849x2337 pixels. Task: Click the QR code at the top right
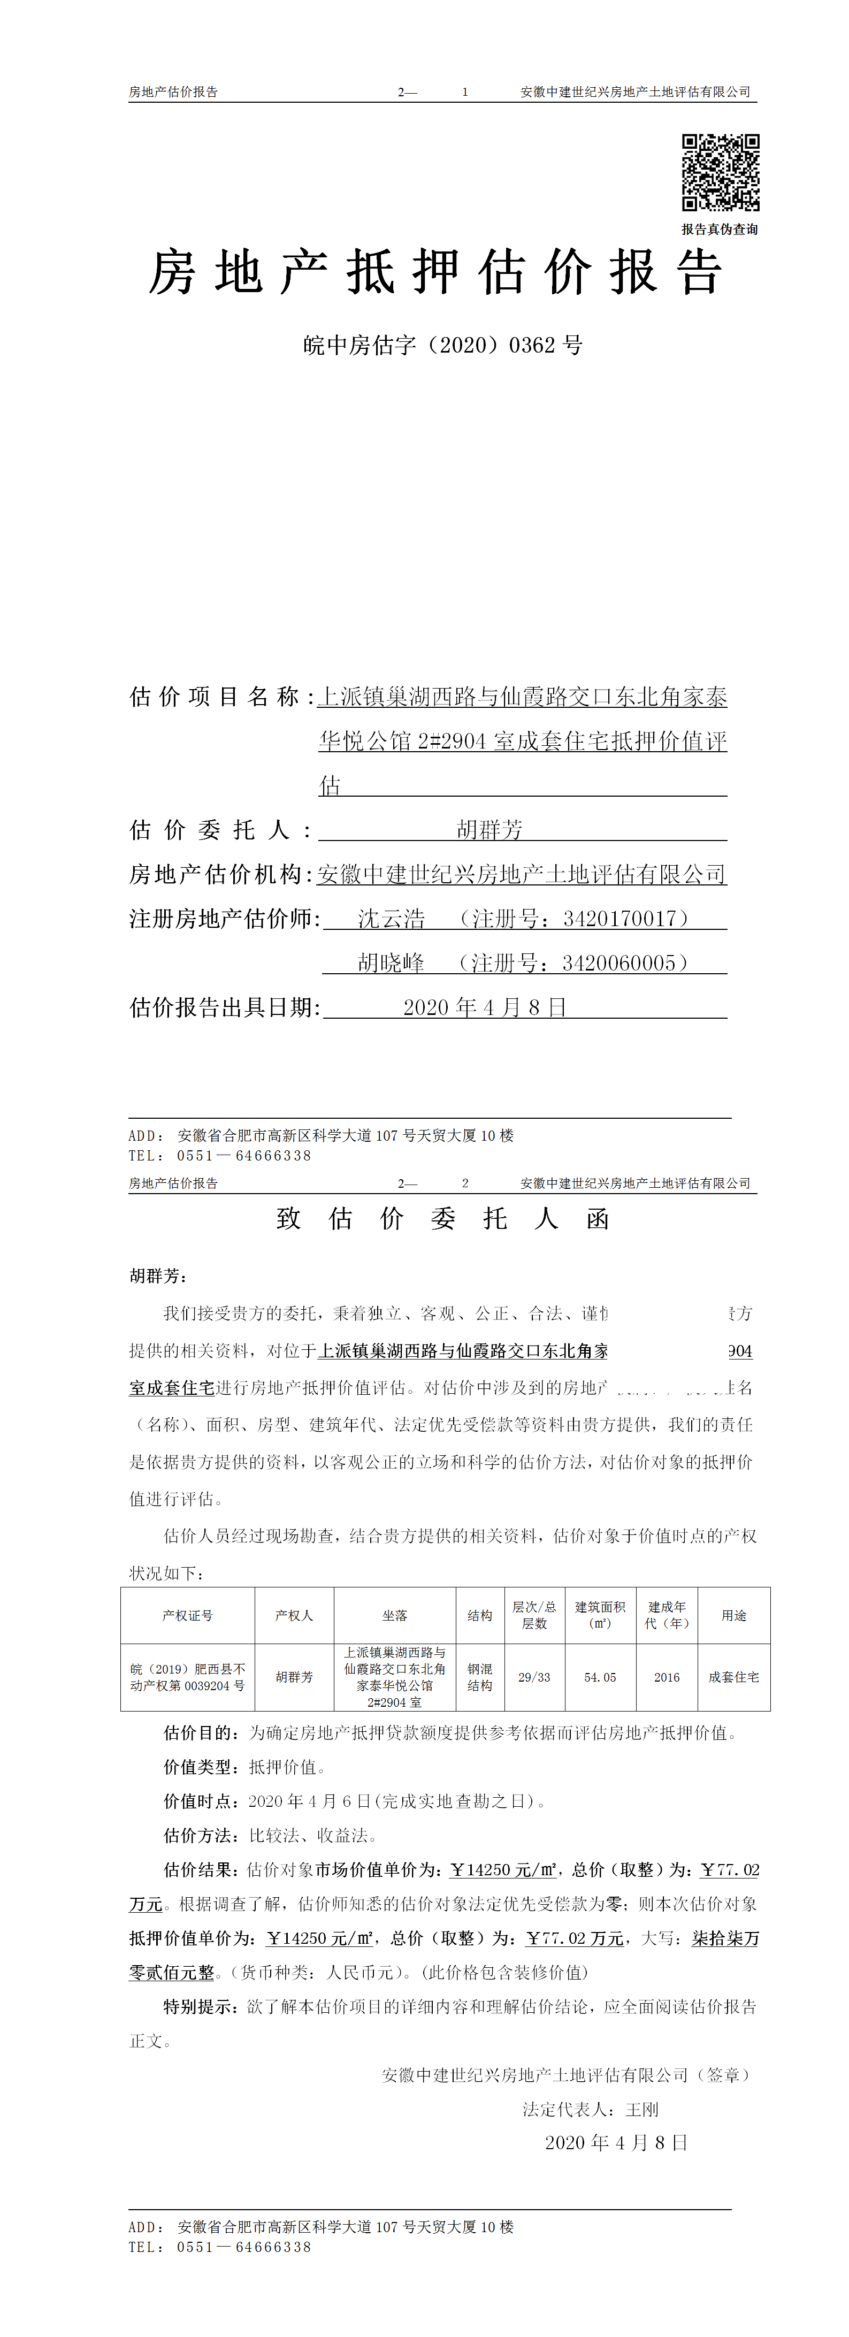[720, 172]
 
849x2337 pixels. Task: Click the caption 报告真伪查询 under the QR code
[720, 230]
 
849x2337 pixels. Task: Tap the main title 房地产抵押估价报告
[435, 272]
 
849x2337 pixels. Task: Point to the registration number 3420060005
[618, 964]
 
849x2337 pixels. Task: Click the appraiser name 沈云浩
[391, 919]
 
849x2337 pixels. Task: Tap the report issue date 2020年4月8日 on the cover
[485, 1008]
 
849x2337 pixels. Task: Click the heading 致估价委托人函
[442, 1218]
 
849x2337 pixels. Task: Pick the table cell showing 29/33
[534, 1677]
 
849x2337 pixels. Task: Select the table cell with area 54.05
[600, 1677]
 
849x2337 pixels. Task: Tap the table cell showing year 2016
[667, 1677]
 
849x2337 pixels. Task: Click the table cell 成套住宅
[734, 1677]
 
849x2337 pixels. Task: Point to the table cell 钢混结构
[480, 1677]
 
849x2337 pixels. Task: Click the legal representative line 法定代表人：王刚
[591, 2109]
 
